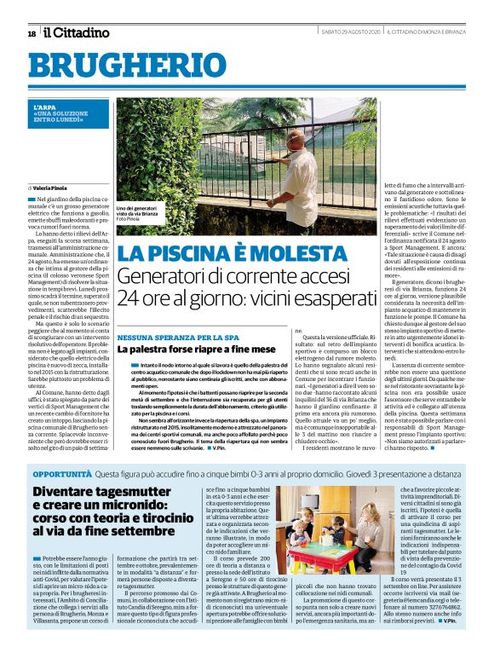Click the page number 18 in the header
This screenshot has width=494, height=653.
tap(32, 33)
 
